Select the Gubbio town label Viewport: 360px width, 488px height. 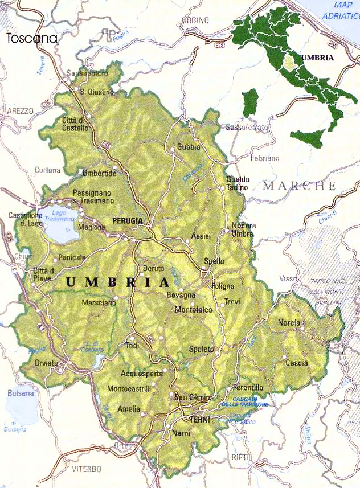pyautogui.click(x=189, y=147)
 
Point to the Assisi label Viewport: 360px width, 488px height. pyautogui.click(x=201, y=235)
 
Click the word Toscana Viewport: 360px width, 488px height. pyautogui.click(x=32, y=39)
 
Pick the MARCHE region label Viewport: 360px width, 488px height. pyautogui.click(x=299, y=186)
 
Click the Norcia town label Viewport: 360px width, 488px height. pyautogui.click(x=289, y=323)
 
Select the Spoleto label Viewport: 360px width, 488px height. pyautogui.click(x=201, y=348)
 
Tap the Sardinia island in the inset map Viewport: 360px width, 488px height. pyautogui.click(x=250, y=102)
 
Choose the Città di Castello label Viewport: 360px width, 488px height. pyautogui.click(x=75, y=124)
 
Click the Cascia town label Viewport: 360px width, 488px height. pyautogui.click(x=296, y=363)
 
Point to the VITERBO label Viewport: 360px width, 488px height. pyautogui.click(x=87, y=469)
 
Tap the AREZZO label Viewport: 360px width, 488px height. pyautogui.click(x=21, y=110)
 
